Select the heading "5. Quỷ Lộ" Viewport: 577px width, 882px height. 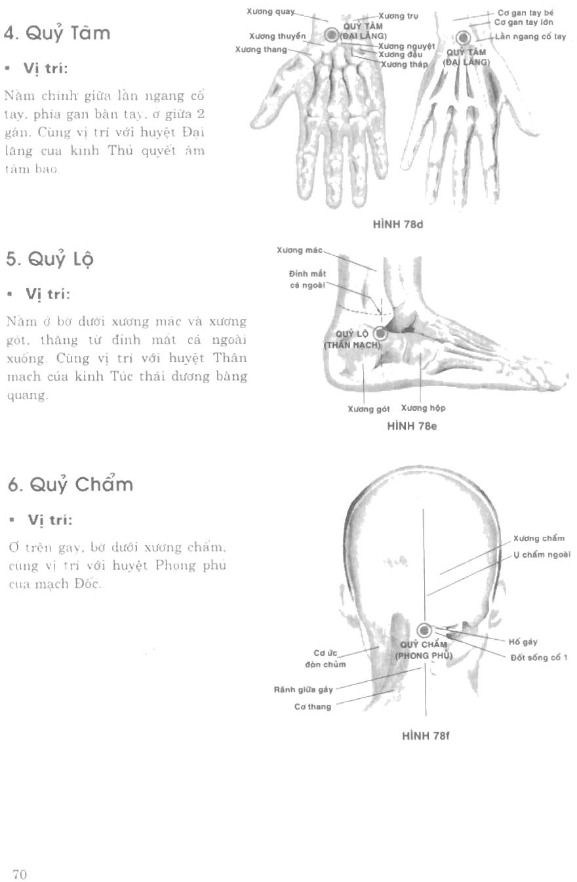(x=49, y=259)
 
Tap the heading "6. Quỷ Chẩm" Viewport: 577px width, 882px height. (x=70, y=485)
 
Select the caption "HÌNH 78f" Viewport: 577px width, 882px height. (x=425, y=736)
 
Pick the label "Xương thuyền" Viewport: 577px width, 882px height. (x=277, y=35)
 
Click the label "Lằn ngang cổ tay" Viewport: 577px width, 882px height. (x=531, y=37)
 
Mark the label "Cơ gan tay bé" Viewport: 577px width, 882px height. (x=526, y=12)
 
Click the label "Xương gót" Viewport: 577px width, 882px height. (x=368, y=409)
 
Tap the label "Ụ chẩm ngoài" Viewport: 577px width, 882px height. (x=542, y=554)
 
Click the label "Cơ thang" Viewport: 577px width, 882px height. (x=313, y=707)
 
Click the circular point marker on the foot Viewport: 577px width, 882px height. (x=380, y=333)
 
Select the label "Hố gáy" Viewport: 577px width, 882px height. (x=523, y=642)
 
